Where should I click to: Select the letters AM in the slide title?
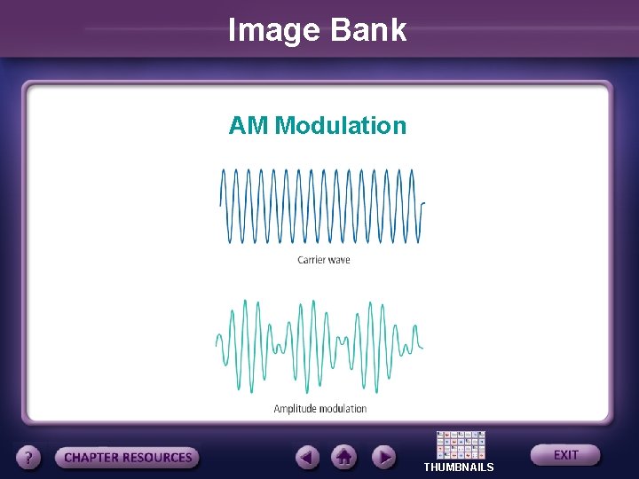[248, 126]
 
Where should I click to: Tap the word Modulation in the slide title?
[341, 126]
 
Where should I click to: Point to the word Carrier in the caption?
[311, 260]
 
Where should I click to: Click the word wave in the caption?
[339, 260]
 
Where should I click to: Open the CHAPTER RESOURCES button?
[128, 458]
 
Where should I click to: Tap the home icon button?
[344, 458]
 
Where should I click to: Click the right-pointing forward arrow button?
[383, 458]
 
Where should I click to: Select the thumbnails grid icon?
[461, 445]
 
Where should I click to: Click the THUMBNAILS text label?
[459, 467]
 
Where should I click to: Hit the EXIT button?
[565, 455]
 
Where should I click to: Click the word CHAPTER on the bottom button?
[92, 458]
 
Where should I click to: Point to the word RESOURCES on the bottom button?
[157, 458]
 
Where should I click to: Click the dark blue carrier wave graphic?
[321, 206]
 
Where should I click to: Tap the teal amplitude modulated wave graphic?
[319, 346]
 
